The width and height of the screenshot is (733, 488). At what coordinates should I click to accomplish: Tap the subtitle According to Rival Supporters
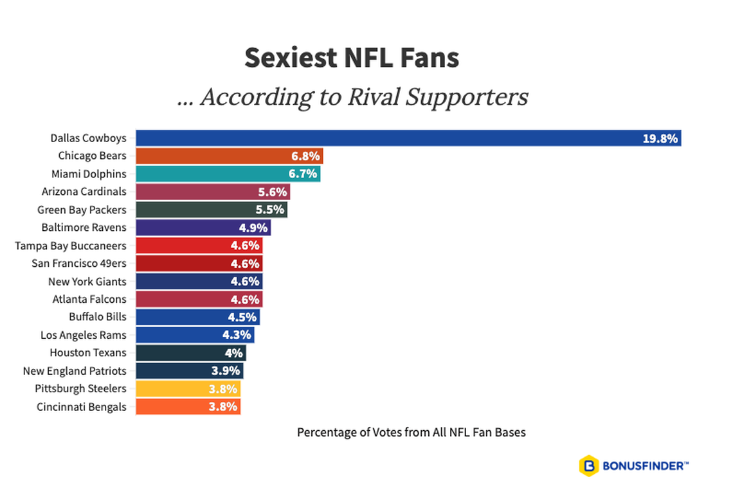(352, 97)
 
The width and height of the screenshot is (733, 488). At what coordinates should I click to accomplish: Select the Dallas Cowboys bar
(386, 138)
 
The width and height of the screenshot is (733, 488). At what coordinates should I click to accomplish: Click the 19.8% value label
(660, 138)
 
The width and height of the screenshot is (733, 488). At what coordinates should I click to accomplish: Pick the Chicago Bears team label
(92, 156)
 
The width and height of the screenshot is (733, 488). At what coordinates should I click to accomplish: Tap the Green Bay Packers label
(82, 210)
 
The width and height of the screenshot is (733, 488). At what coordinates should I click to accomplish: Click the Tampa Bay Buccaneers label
(71, 246)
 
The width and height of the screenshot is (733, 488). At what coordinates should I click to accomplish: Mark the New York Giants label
(87, 282)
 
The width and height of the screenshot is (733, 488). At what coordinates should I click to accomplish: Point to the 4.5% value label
(242, 317)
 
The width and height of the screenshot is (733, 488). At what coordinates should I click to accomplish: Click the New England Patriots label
(75, 371)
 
